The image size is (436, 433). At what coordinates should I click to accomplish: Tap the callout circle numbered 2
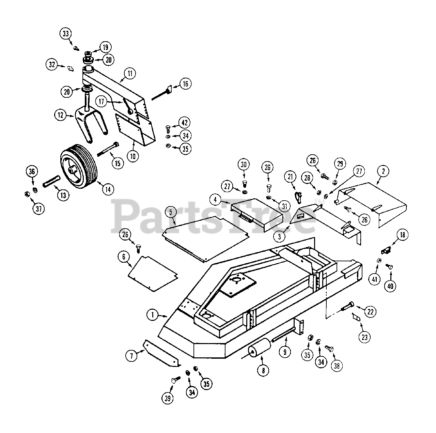pyautogui.click(x=383, y=171)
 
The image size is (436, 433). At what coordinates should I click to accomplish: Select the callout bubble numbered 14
pyautogui.click(x=108, y=189)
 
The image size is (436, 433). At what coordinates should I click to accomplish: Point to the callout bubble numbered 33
pyautogui.click(x=66, y=33)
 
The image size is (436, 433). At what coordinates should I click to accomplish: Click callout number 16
pyautogui.click(x=185, y=84)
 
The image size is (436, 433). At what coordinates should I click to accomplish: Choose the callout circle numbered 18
pyautogui.click(x=403, y=234)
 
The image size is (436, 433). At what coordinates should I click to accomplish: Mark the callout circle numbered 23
pyautogui.click(x=365, y=337)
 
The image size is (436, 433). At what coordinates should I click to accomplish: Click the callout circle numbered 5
pyautogui.click(x=171, y=212)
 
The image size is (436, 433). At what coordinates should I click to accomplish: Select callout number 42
pyautogui.click(x=185, y=123)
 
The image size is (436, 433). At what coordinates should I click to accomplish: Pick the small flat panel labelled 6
pyautogui.click(x=153, y=273)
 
